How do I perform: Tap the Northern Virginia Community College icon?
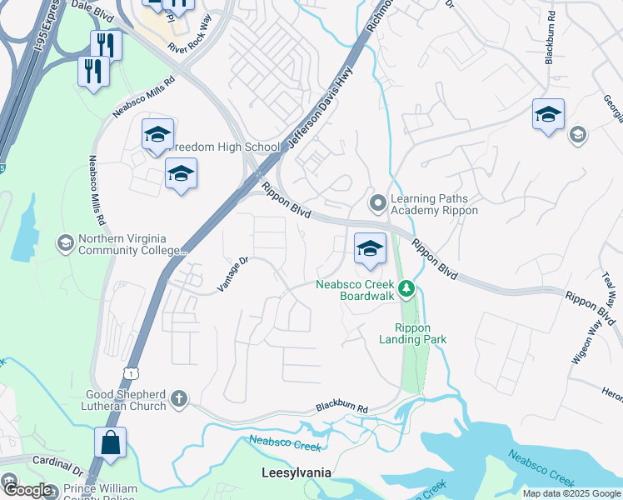[x=64, y=242]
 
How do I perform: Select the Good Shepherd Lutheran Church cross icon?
[x=178, y=400]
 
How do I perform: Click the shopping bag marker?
[x=111, y=444]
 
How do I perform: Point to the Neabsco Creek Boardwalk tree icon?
[x=406, y=289]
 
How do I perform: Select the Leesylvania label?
[x=297, y=472]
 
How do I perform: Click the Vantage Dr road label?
[x=233, y=273]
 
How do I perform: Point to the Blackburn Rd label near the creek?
[x=341, y=408]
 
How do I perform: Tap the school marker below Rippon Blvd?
[x=371, y=249]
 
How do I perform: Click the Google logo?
[x=27, y=490]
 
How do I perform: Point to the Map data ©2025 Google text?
[x=571, y=493]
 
